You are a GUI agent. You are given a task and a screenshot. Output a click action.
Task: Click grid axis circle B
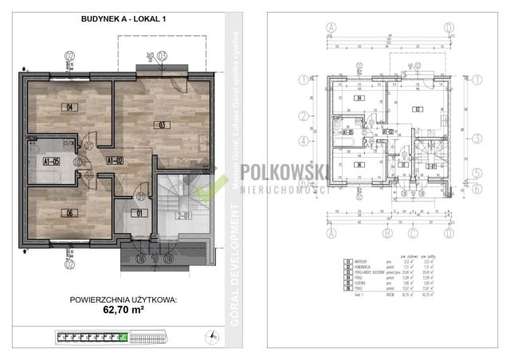pos(387,235)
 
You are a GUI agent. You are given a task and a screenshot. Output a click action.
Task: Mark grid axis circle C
pos(412,235)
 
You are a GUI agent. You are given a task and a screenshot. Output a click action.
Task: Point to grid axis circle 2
pos(303,116)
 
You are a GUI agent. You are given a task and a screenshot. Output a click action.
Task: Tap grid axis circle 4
pos(303,141)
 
